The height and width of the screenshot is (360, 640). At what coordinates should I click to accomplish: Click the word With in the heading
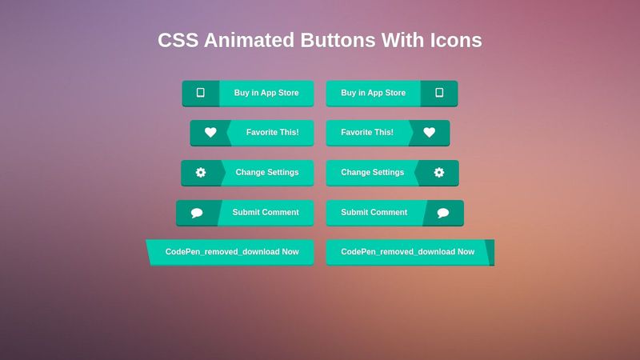pyautogui.click(x=402, y=40)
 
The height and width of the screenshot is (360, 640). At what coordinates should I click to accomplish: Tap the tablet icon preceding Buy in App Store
pyautogui.click(x=200, y=93)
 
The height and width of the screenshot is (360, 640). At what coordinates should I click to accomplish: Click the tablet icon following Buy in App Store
pyautogui.click(x=439, y=93)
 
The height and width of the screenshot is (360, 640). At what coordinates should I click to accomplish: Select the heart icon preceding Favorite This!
pyautogui.click(x=210, y=133)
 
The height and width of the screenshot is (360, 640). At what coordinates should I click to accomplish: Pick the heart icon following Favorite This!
pyautogui.click(x=430, y=133)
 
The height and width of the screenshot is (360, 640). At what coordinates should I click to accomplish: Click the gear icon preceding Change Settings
pyautogui.click(x=201, y=172)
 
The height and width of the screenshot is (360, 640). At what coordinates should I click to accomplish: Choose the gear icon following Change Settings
pyautogui.click(x=439, y=172)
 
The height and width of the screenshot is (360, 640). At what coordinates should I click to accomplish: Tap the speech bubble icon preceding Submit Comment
pyautogui.click(x=197, y=213)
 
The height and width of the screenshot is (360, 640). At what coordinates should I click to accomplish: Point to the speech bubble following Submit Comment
pyautogui.click(x=443, y=213)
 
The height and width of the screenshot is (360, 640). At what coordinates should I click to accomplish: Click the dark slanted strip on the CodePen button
pyautogui.click(x=490, y=252)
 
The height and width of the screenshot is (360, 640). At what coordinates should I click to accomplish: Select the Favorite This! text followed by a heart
pyautogui.click(x=367, y=132)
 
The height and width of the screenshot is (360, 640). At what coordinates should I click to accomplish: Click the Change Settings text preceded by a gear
pyautogui.click(x=267, y=172)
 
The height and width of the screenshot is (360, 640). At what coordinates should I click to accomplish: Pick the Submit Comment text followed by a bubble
pyautogui.click(x=374, y=212)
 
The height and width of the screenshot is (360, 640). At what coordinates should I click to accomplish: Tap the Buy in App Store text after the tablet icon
pyautogui.click(x=266, y=93)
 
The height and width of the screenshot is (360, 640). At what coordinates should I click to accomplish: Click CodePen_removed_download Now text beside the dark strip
pyautogui.click(x=408, y=252)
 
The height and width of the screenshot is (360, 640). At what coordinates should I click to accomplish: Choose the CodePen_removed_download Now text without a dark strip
pyautogui.click(x=232, y=252)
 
